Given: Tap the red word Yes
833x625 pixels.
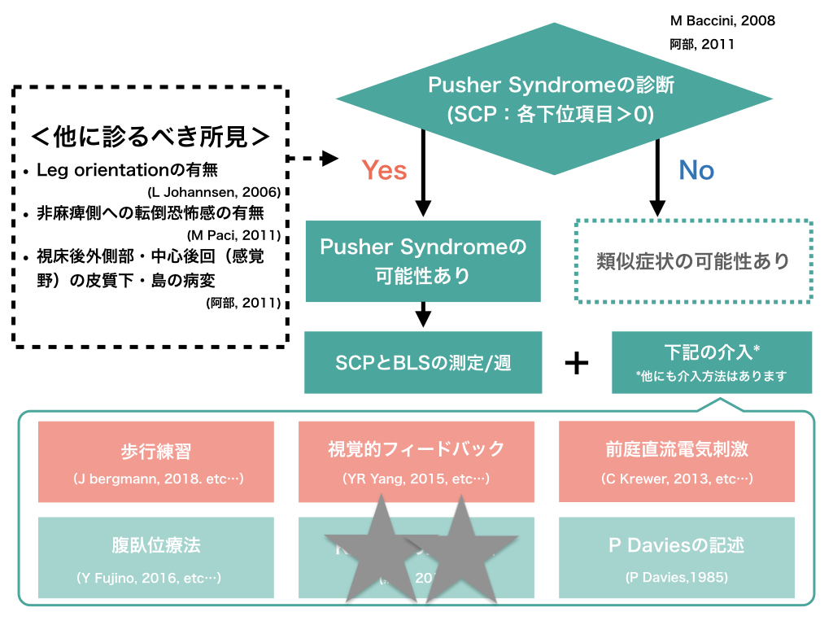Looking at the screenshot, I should pos(384,169).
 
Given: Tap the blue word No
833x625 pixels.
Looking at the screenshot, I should pos(696,169).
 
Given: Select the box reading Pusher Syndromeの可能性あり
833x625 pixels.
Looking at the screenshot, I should pos(423,260).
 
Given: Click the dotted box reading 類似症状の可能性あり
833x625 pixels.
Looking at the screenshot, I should pos(693,260).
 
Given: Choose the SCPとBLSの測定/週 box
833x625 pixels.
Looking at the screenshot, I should pos(423,362).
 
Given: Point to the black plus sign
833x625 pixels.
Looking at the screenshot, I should pos(576,363).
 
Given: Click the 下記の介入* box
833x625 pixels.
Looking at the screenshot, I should pos(711,362).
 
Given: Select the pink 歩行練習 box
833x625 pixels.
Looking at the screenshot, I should pos(155,461).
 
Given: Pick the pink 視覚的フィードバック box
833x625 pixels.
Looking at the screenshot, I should pos(416,461).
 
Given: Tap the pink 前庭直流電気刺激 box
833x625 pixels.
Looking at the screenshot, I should pos(676,461).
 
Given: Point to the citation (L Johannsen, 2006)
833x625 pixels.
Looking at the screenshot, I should pos(215,193).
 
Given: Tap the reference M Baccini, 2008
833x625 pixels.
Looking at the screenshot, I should pos(722,21).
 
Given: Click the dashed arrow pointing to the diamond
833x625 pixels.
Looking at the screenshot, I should pos(314,159).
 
